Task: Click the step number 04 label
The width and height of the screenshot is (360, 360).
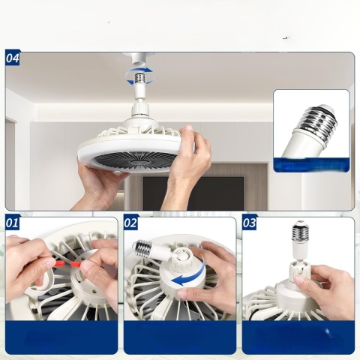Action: (x=13, y=58)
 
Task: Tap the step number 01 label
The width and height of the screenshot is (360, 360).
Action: (x=13, y=223)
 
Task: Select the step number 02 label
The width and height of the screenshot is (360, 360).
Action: (x=130, y=223)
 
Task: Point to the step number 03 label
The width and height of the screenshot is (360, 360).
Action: (x=249, y=223)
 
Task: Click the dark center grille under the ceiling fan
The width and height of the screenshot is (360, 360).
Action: (x=131, y=158)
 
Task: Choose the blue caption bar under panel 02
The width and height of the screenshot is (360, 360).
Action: (x=179, y=337)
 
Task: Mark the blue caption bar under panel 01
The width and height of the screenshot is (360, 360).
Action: (x=61, y=337)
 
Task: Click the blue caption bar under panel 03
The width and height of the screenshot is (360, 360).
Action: (x=298, y=337)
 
